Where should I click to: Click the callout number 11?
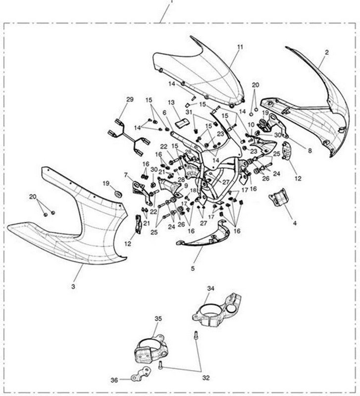240,47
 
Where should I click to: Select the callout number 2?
327,52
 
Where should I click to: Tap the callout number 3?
73,287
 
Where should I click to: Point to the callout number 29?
130,99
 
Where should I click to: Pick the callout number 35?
158,319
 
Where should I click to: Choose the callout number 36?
114,380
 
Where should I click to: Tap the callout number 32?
206,378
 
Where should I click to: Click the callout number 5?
193,268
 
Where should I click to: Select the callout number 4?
295,223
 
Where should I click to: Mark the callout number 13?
171,102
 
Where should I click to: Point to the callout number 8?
310,151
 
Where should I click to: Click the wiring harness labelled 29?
129,138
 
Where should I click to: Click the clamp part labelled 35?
150,350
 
